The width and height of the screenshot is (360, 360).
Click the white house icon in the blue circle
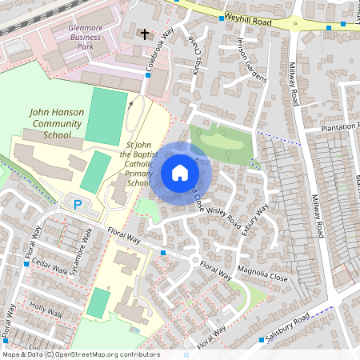click(x=179, y=173)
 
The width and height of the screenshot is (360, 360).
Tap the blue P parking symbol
click(x=78, y=205)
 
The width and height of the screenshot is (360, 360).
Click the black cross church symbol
click(x=145, y=34)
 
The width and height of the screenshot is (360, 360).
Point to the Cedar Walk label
click(x=49, y=266)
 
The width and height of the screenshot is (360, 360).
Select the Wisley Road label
click(x=222, y=214)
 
